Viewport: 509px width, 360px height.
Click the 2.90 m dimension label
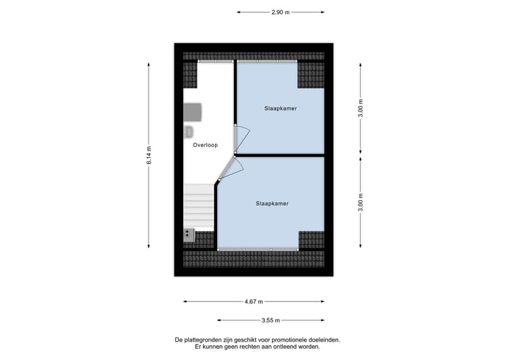click(x=281, y=12)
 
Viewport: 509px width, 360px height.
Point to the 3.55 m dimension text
click(x=271, y=320)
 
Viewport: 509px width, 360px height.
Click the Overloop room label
click(x=205, y=145)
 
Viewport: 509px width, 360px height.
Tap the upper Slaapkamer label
click(x=280, y=109)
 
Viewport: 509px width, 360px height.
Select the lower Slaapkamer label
click(x=272, y=203)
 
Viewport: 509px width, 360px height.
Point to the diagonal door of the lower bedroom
click(x=227, y=169)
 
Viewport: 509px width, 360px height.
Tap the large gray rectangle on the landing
click(x=193, y=112)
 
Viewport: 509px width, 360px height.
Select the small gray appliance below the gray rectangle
click(x=189, y=132)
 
